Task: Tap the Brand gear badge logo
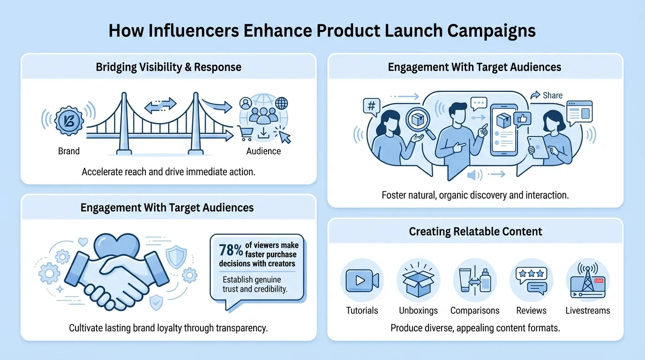coord(69,120)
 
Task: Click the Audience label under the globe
coord(263,151)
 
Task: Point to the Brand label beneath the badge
coord(69,151)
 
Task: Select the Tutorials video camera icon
coord(362,280)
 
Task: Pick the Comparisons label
coord(475,310)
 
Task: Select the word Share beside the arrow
coord(553,95)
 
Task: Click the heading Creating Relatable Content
coord(475,232)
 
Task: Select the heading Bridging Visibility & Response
coord(168,67)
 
